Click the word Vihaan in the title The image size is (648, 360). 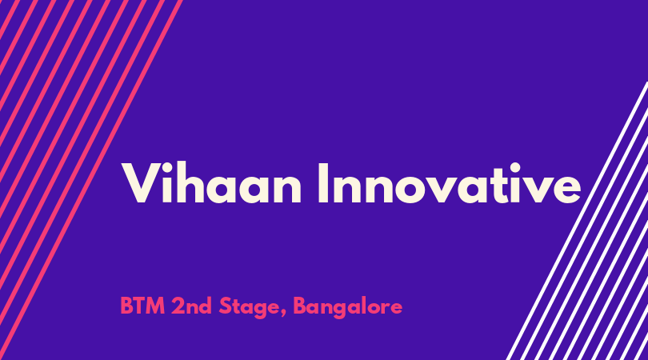point(211,182)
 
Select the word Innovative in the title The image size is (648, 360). point(450,182)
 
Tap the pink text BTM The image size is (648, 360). point(142,306)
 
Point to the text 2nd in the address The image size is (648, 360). point(191,306)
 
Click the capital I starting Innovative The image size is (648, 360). point(323,182)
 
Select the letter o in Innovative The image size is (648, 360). point(414,189)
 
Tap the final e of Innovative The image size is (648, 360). point(566,189)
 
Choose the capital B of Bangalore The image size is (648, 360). point(300,306)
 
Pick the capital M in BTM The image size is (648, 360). point(156,306)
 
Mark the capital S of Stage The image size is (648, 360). point(225,306)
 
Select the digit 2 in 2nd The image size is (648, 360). point(178,306)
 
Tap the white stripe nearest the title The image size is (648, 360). point(577,221)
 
